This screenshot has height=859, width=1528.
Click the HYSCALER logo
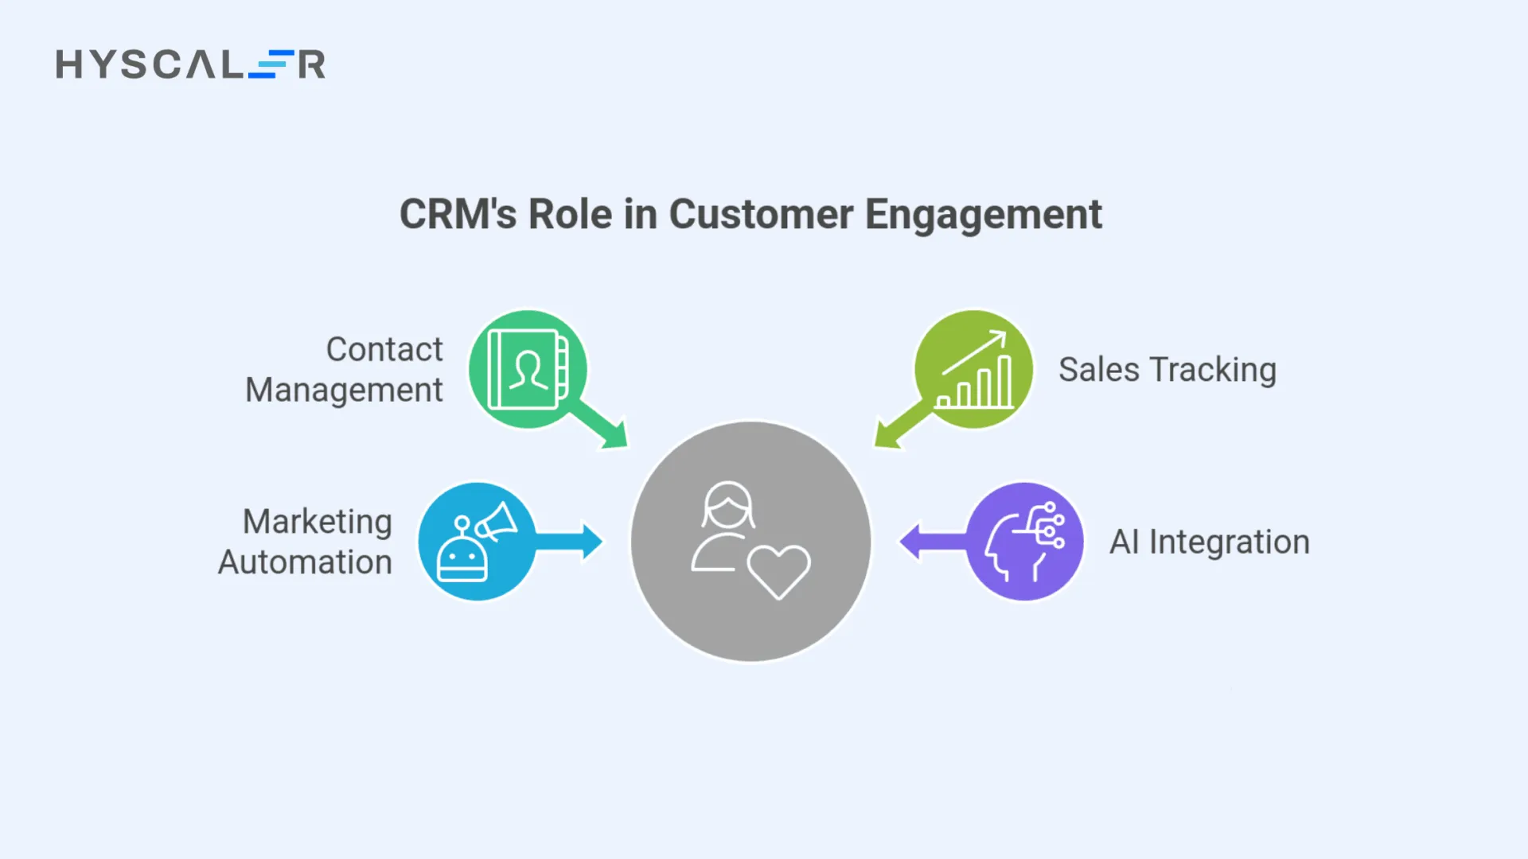(x=190, y=64)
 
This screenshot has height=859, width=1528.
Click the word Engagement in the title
(x=983, y=215)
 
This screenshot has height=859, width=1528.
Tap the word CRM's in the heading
(x=458, y=215)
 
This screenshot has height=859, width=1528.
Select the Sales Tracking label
(x=1167, y=370)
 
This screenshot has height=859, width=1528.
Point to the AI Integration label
(x=1209, y=542)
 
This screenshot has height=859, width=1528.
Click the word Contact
(x=384, y=350)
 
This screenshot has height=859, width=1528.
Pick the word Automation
(x=305, y=562)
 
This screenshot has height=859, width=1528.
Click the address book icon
(x=527, y=370)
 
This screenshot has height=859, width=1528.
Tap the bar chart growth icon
(x=974, y=370)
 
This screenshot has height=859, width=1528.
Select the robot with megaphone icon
(x=477, y=542)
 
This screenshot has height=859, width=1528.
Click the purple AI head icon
(x=1025, y=542)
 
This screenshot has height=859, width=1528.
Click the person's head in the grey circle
(x=727, y=505)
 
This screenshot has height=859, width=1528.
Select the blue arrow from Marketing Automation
(x=570, y=542)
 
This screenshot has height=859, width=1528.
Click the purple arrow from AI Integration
(x=931, y=542)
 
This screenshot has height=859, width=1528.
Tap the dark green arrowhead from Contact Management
(x=613, y=434)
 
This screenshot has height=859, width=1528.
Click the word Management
(x=344, y=391)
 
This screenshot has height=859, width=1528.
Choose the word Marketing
(x=317, y=522)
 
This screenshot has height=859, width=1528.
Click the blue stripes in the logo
(x=271, y=64)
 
